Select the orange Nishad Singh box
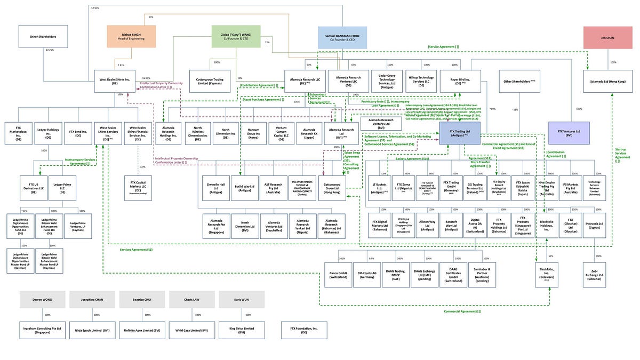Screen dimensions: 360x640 point(131,36)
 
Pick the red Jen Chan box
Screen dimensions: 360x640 point(607,37)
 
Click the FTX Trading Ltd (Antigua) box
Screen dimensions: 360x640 point(460,133)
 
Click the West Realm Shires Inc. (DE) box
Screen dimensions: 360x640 point(116,81)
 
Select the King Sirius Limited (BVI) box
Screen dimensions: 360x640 point(242,330)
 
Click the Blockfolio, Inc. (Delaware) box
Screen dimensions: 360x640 point(549,275)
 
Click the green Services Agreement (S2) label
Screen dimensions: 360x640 point(136,250)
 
